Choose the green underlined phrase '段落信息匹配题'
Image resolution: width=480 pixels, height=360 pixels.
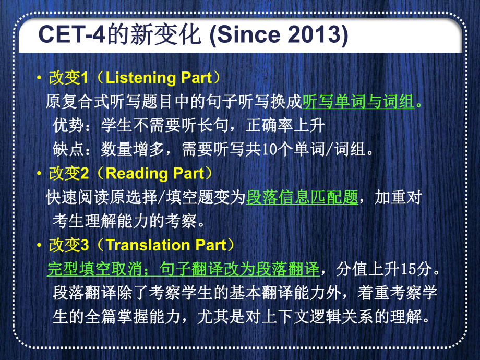302,197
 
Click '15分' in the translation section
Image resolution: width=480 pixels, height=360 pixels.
416,269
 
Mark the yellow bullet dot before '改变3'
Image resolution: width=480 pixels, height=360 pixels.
39,245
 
